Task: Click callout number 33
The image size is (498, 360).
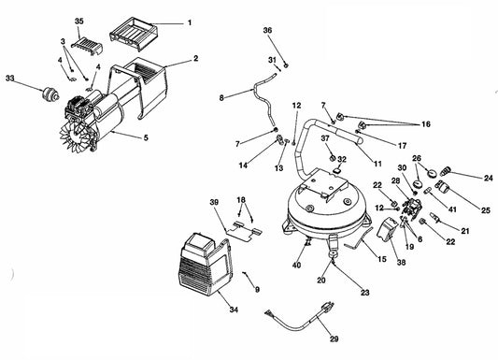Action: pos(10,78)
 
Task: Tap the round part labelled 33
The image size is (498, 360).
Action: pos(50,94)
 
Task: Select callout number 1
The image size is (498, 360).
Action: pos(190,22)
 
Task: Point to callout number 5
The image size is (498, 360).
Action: pos(146,137)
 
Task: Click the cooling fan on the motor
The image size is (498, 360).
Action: pos(75,137)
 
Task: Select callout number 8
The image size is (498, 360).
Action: pos(221,98)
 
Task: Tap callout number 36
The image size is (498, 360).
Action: pos(268,30)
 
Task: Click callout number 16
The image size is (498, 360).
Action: pos(426,124)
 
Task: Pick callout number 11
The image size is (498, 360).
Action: pos(377,164)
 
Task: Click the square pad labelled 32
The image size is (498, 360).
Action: pos(336,170)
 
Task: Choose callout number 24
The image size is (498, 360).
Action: pos(489,178)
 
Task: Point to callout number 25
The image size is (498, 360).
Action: pos(486,210)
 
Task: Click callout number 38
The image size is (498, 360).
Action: pos(402,262)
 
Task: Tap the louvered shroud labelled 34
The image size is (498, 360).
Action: pos(206,265)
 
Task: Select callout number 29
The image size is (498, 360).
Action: pos(334,338)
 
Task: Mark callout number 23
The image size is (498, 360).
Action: pos(365,292)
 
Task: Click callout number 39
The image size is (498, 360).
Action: pos(214,202)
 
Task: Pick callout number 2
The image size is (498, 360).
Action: pos(196,58)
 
